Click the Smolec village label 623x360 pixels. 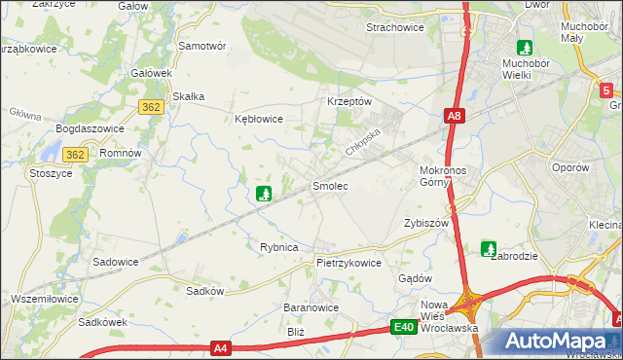pos(329,185)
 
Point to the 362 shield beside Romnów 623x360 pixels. pos(77,155)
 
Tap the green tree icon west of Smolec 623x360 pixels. pos(263,194)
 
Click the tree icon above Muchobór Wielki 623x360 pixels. pos(525,47)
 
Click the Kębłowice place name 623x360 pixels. pos(259,120)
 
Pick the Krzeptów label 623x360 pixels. pos(349,101)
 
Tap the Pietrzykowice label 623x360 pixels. pos(348,263)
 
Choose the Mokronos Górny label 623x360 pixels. pos(443,176)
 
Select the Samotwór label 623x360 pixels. pos(202,46)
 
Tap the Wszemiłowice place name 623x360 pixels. pos(44,298)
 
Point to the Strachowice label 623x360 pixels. pos(394,28)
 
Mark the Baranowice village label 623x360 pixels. pos(311,307)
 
